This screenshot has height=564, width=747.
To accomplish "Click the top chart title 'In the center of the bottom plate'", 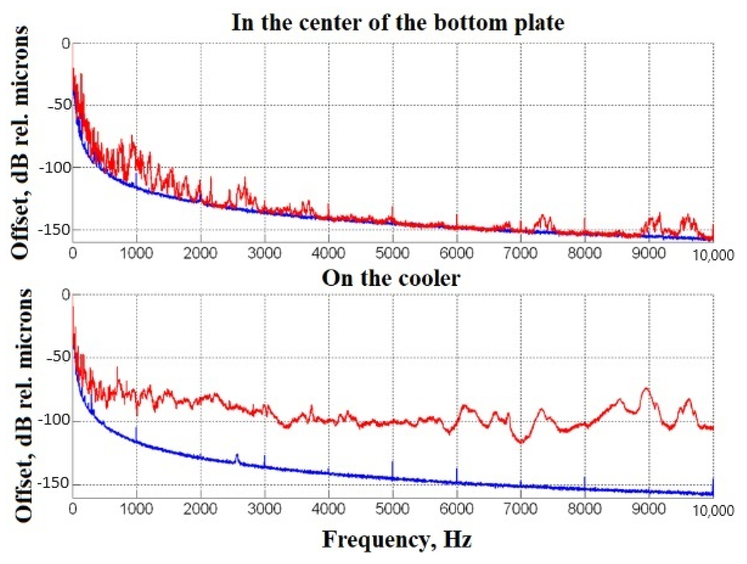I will point(397,23).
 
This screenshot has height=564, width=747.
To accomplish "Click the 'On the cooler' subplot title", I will point(391,279).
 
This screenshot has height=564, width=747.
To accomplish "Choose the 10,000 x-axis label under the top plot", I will point(713,255).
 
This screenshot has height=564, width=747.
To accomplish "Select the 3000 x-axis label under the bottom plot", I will point(264,509).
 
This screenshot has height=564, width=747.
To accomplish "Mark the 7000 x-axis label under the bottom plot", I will point(520,509).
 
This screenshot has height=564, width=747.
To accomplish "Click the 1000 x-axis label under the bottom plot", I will point(136,509).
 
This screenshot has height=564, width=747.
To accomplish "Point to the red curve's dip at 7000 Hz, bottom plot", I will point(521,442).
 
